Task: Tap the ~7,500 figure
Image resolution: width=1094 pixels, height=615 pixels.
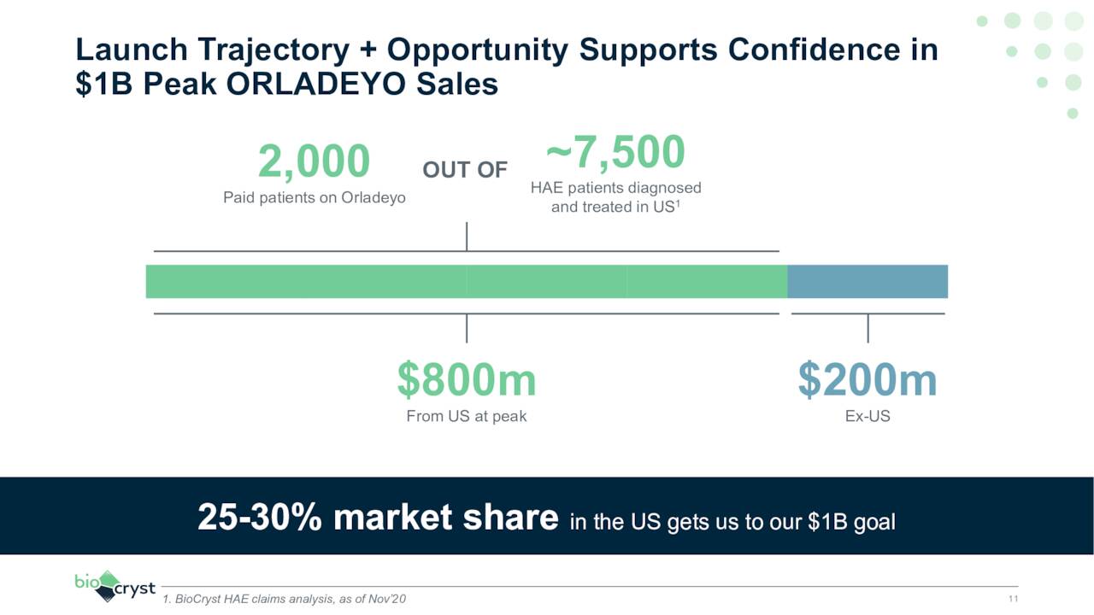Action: pos(615,152)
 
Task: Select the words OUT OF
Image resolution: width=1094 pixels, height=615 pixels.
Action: pos(465,170)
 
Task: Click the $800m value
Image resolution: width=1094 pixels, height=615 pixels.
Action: pos(467,380)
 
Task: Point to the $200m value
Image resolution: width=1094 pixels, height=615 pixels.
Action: pos(868,380)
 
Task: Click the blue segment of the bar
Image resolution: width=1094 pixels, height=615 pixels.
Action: pos(868,281)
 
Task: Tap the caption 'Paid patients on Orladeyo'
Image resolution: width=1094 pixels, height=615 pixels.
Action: pos(314,197)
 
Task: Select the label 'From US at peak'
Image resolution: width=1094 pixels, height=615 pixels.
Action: pos(467,417)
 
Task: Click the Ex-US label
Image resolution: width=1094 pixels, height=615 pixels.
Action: pos(868,417)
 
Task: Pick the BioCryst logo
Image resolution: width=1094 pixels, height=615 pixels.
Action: pos(115,586)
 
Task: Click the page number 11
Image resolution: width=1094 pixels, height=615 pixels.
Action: pos(1013,599)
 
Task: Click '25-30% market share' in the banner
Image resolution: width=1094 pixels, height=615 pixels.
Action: pos(378,517)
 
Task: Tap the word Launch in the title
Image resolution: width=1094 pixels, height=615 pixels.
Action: pos(130,50)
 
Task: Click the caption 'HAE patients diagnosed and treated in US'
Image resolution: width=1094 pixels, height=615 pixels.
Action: pos(615,197)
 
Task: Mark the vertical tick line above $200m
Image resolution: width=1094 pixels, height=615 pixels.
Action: pos(868,328)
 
